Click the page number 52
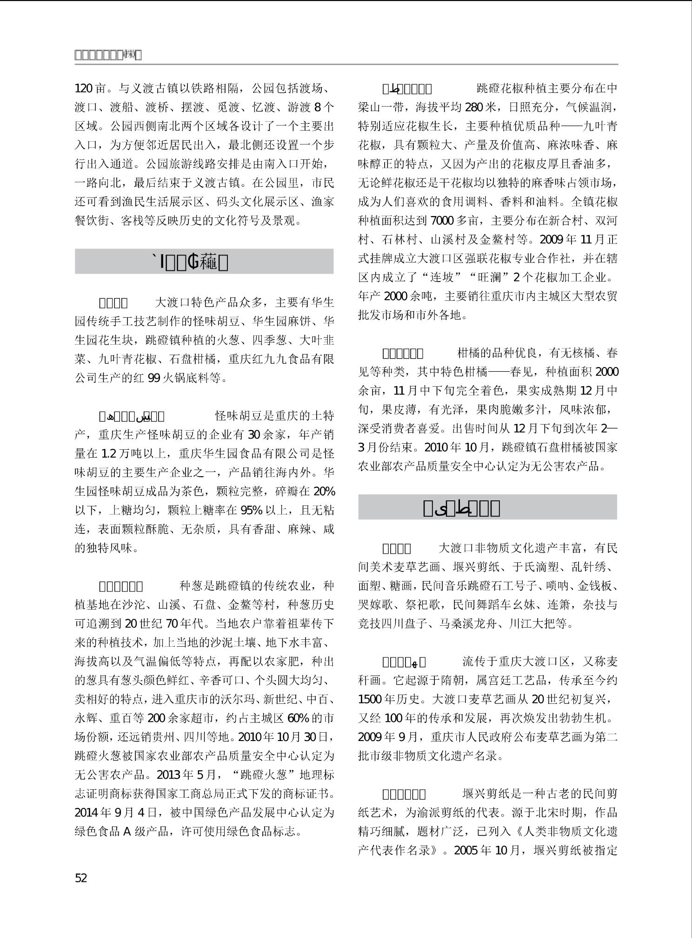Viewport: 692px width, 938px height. coord(81,878)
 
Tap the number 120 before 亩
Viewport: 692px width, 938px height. coord(84,88)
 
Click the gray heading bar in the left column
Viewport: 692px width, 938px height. coord(204,262)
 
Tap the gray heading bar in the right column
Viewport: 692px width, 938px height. coord(487,507)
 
